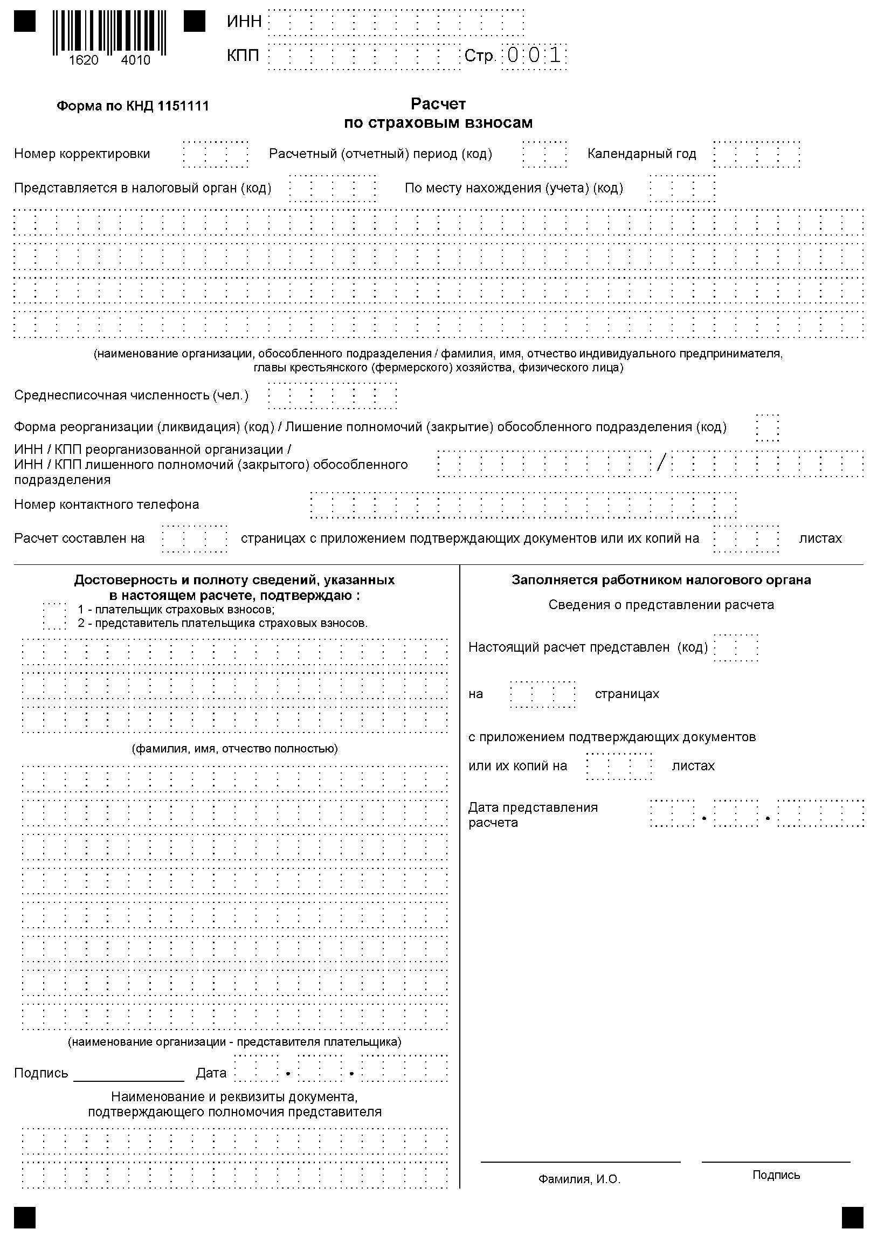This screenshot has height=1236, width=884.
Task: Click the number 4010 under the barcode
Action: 135,60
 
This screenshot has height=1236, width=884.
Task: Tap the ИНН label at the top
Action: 244,22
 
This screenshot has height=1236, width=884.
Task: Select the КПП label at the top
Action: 243,56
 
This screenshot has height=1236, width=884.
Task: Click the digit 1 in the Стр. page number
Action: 555,56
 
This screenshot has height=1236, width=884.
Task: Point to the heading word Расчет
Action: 438,103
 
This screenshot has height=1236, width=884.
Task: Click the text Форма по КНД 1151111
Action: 133,106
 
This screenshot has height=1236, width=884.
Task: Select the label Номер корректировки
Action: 82,154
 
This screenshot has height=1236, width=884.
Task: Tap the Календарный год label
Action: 641,154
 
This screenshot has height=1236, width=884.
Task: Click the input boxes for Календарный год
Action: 756,154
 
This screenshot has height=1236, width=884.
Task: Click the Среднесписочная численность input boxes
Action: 332,395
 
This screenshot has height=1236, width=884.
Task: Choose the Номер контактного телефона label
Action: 107,505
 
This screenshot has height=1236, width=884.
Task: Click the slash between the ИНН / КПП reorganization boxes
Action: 661,463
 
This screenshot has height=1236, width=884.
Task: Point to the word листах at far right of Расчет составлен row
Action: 820,538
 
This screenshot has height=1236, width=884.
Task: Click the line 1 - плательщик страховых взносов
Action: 176,610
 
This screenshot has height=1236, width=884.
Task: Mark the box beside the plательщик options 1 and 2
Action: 54,616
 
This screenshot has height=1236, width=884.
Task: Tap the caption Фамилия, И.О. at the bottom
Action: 579,1179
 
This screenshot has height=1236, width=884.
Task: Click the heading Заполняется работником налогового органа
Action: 661,580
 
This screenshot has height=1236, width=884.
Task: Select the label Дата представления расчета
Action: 533,815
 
